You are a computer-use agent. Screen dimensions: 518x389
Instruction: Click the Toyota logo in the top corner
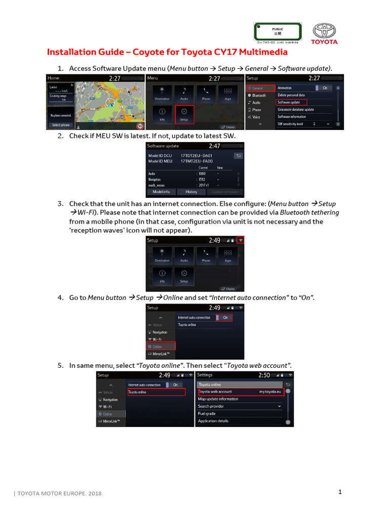(324, 33)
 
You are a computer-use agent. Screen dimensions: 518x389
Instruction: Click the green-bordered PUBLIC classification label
(278, 32)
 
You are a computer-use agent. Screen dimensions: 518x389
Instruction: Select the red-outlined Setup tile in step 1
(183, 114)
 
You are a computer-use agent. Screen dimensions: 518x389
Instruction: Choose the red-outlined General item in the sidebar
(260, 88)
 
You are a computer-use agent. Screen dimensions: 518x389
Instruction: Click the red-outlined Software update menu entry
(292, 102)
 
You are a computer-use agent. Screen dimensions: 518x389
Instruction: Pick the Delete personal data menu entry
(292, 95)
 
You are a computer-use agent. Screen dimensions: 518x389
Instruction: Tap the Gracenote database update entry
(296, 109)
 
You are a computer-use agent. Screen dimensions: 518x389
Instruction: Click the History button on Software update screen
(191, 192)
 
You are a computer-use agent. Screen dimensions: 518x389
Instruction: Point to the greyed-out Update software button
(224, 192)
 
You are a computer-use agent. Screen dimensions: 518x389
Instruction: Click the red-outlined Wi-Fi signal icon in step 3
(240, 240)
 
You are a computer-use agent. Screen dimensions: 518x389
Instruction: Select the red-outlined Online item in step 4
(161, 347)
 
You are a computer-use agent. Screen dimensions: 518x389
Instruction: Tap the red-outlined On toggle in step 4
(225, 318)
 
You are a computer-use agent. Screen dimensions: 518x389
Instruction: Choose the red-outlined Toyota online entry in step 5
(157, 392)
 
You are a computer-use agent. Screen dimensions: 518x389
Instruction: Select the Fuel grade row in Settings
(208, 414)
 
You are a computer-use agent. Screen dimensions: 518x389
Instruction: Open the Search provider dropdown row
(240, 406)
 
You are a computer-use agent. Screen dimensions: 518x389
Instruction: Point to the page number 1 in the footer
(341, 492)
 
